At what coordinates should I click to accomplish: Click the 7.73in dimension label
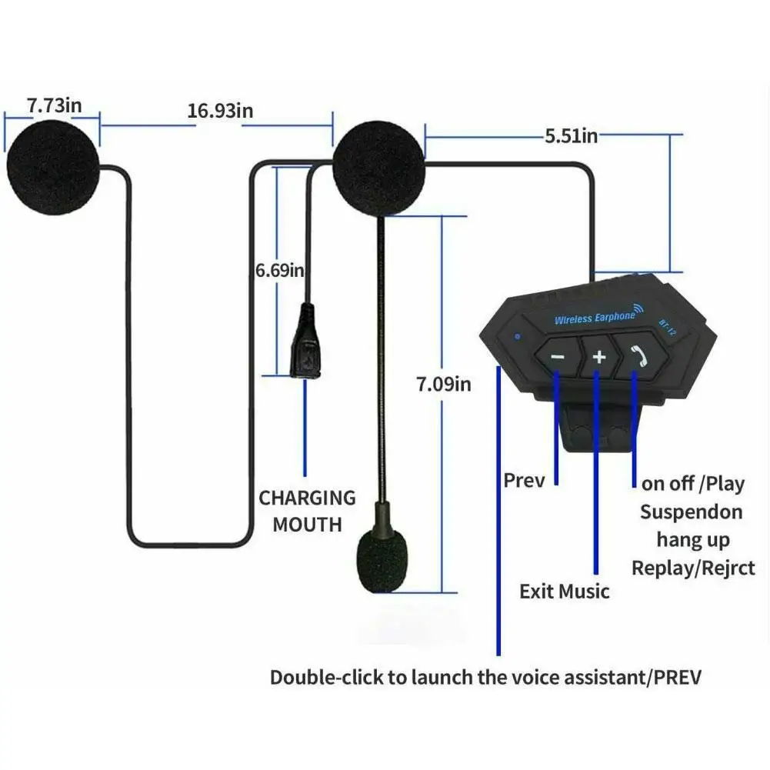[54, 105]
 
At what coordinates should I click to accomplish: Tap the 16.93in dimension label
[220, 111]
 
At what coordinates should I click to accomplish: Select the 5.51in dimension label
[571, 136]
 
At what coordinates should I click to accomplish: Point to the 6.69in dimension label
[280, 270]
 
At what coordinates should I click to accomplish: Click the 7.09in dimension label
[443, 382]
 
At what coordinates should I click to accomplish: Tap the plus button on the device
[599, 357]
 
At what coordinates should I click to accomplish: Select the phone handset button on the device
[637, 353]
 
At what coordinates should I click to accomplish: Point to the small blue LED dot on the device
[519, 335]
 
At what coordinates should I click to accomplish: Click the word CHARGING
[307, 498]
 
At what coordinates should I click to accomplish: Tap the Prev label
[524, 481]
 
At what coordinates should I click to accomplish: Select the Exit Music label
[564, 592]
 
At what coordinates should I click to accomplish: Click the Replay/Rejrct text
[693, 568]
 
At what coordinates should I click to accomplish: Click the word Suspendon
[691, 512]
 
